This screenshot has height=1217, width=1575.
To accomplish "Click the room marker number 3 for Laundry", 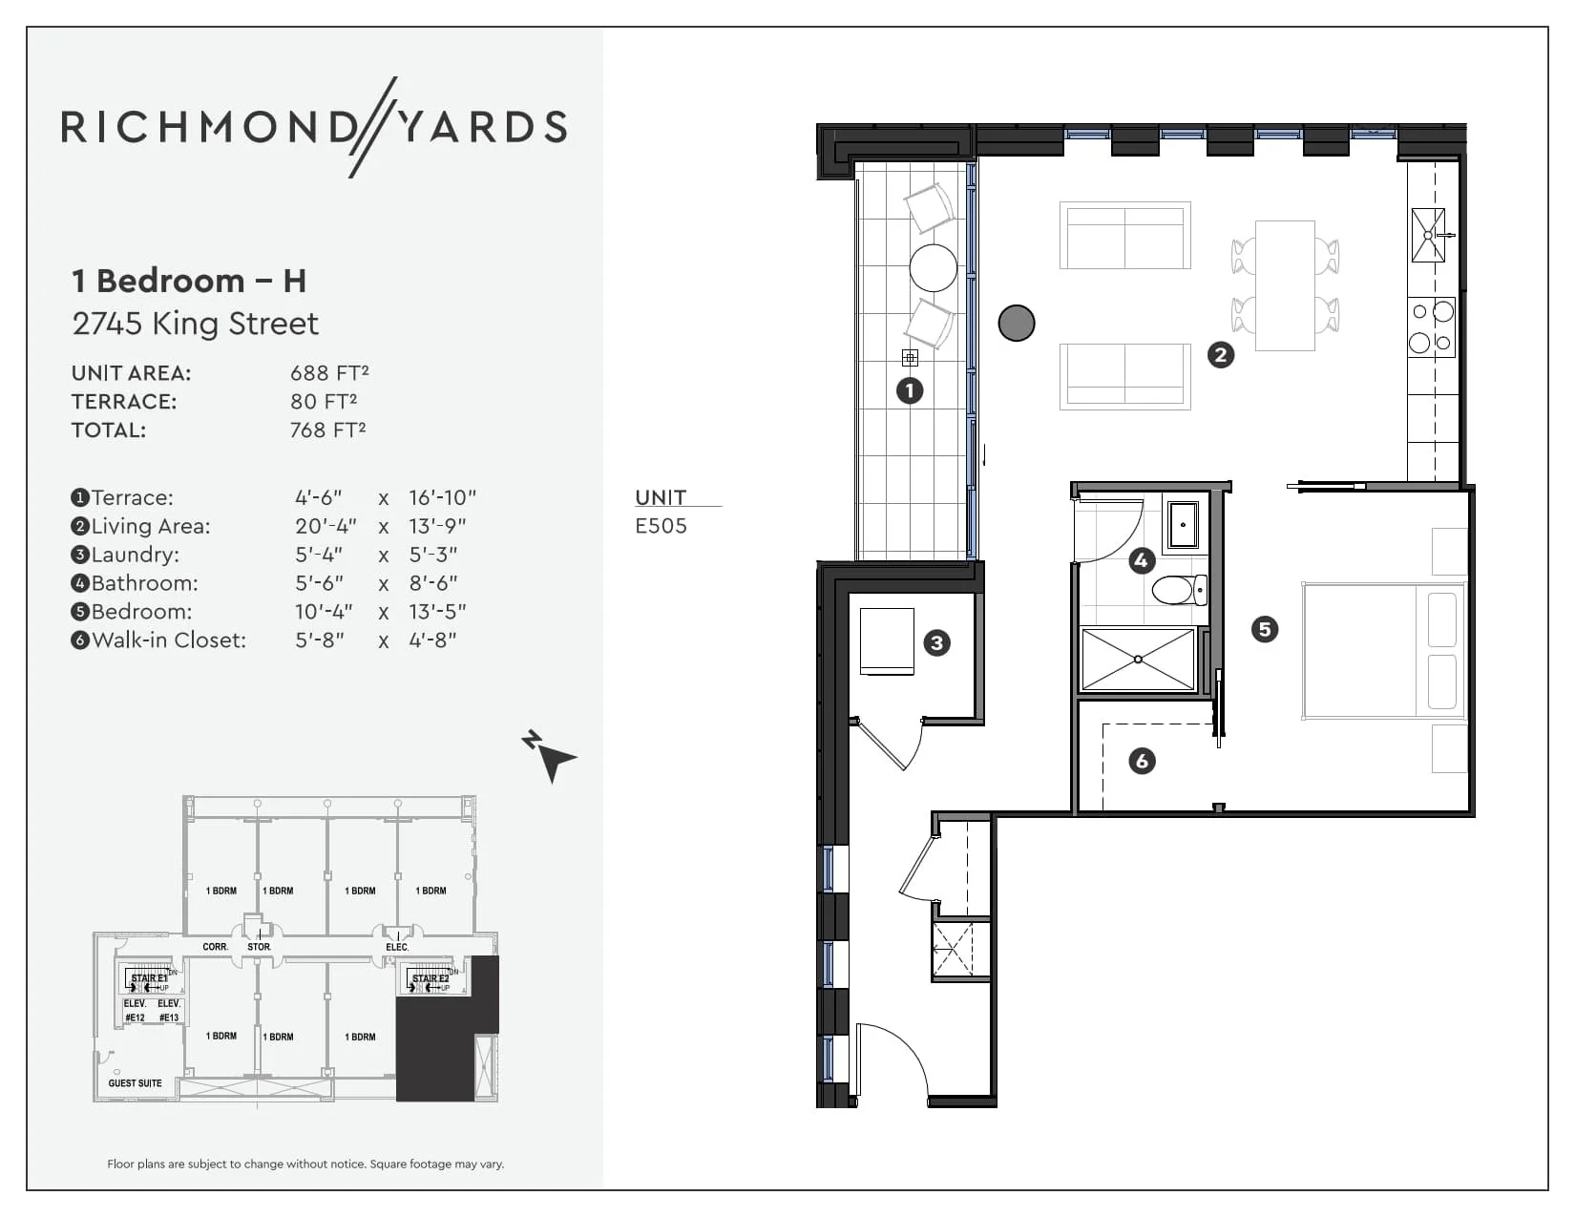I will point(936,642).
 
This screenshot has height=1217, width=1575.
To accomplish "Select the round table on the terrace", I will point(933,267).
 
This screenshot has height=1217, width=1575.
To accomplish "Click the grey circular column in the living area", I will point(1017,323).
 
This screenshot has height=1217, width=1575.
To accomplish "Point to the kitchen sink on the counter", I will point(1428,235).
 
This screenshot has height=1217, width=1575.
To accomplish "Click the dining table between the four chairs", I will point(1285,285).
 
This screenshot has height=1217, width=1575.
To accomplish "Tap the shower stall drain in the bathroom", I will point(1138,660).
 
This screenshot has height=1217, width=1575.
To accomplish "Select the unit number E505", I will point(661,526).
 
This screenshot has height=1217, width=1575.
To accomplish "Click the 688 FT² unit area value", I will point(329,373).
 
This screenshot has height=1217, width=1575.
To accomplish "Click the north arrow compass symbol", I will point(550,756).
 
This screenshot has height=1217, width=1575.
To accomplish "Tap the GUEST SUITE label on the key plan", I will point(135,1083).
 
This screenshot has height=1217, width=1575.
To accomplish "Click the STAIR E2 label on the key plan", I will point(430,978).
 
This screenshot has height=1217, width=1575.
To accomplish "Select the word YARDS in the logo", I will point(482,127).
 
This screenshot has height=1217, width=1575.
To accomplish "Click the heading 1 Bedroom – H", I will point(189,281).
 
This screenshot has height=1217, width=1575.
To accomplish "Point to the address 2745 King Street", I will point(196,324).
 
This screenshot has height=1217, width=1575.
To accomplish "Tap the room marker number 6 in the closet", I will point(1142,761).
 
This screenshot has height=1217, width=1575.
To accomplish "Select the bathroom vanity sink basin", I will point(1183,524).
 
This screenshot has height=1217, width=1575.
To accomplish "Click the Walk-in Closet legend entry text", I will point(168,640).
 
